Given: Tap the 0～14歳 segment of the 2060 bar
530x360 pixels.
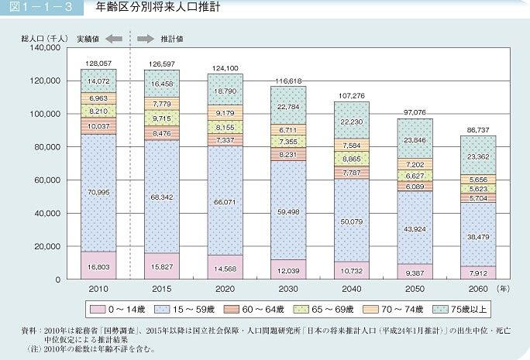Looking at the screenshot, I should click(478, 273).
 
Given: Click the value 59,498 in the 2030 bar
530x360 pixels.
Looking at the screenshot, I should click(288, 209).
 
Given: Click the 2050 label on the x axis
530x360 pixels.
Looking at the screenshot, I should click(415, 288).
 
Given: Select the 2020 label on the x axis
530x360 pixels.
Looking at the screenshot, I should click(225, 288).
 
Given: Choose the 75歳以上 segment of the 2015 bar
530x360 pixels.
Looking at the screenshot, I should click(162, 83).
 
